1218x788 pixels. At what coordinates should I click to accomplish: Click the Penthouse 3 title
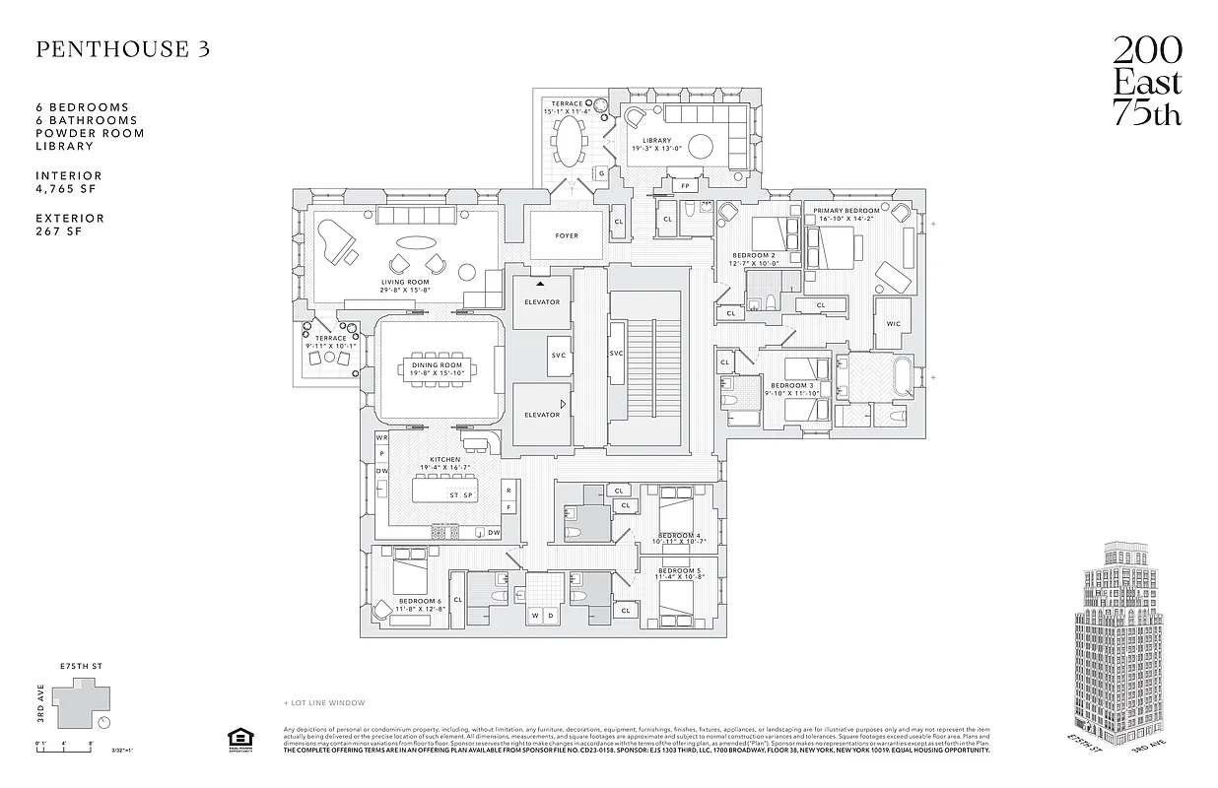tap(123, 50)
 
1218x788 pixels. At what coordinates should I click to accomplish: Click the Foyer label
tap(567, 235)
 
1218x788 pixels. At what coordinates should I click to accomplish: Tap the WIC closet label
tap(893, 323)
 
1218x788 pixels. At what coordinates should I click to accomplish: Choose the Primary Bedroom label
tap(846, 211)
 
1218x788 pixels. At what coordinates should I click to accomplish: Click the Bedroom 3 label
tap(792, 385)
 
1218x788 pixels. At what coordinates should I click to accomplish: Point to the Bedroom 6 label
tap(419, 601)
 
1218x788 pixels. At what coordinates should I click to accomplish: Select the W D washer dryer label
tap(543, 616)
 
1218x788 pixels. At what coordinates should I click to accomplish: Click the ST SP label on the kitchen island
tap(460, 494)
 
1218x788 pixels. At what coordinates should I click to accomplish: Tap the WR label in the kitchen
tap(381, 436)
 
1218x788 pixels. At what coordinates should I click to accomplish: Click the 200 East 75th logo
tap(1147, 82)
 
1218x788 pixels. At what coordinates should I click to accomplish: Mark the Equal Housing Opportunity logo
tap(237, 739)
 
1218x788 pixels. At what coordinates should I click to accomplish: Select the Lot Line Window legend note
tap(324, 702)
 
